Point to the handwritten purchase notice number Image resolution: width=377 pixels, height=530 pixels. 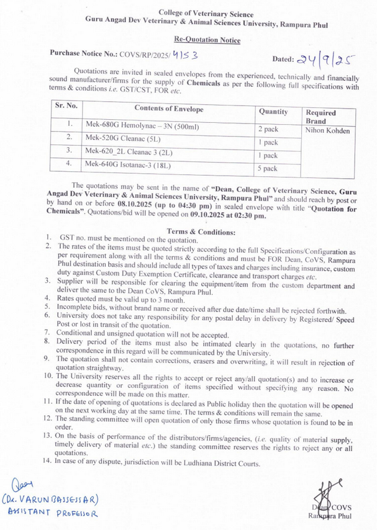184,55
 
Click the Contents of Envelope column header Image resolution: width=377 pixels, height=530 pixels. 164,109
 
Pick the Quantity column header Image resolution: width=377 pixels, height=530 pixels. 273,112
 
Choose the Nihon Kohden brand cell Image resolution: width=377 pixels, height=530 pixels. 328,131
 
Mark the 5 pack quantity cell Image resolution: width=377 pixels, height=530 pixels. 268,168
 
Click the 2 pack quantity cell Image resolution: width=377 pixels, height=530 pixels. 268,129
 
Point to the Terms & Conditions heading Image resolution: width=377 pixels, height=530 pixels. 201,231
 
